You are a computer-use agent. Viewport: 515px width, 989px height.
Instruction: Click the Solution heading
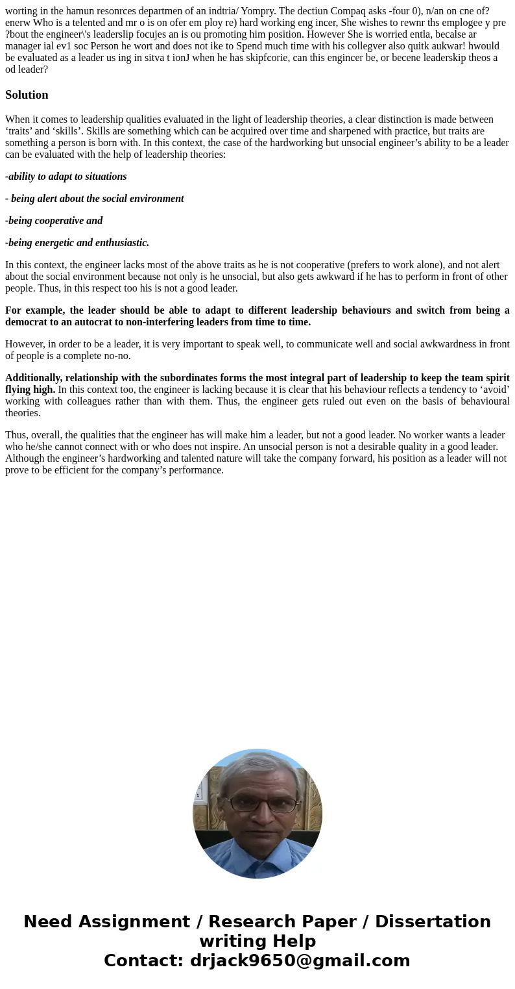pos(27,95)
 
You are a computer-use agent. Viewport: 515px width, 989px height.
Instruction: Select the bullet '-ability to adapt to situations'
pos(66,177)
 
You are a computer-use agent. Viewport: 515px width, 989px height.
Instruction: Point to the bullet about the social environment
pos(95,199)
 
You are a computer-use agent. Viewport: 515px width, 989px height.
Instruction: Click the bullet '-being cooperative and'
pos(54,221)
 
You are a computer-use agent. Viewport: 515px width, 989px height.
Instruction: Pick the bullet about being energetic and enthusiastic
pos(77,243)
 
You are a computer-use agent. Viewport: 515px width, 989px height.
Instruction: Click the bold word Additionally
pos(34,378)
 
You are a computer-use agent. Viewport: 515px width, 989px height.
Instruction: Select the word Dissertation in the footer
pos(433,922)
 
